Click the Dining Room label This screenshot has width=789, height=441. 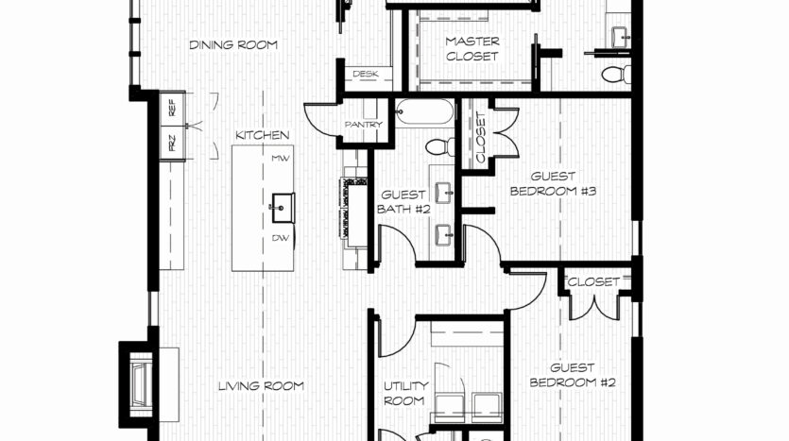233,44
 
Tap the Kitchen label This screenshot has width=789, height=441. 262,135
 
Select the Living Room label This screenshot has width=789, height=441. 261,386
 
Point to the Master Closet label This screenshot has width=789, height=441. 472,49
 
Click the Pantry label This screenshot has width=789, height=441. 364,125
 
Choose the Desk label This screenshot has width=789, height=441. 366,74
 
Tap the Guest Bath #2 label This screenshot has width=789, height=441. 403,202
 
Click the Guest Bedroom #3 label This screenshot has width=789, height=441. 553,183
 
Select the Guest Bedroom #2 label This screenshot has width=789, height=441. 572,375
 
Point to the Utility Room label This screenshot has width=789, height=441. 405,393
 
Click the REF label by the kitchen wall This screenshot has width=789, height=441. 172,107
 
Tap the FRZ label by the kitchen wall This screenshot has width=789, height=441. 172,143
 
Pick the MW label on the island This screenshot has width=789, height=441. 281,159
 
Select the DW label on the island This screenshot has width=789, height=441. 281,238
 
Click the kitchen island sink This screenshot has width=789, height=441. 282,207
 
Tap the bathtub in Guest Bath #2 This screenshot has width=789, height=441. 424,111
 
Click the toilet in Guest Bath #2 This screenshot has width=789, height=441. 439,146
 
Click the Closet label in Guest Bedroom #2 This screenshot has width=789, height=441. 593,281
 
